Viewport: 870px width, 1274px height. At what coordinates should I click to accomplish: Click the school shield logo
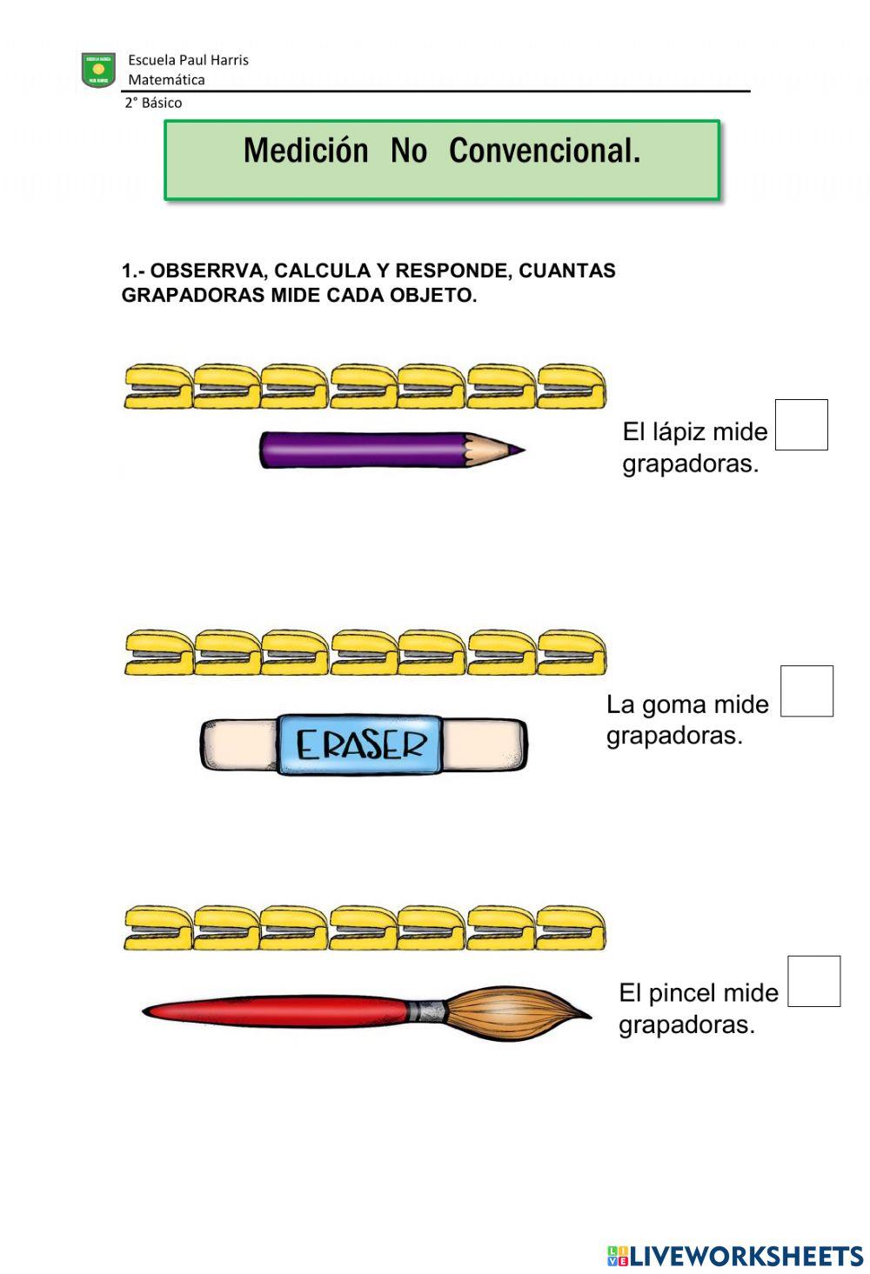coord(98,70)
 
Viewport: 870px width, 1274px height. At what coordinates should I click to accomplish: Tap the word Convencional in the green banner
coord(545,151)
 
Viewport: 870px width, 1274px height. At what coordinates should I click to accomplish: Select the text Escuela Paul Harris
coord(188,60)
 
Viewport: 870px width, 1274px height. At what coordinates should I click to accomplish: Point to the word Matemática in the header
coord(166,80)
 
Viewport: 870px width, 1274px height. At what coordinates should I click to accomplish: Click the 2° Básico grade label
coord(153,103)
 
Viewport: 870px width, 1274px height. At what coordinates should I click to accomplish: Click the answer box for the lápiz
coord(800,424)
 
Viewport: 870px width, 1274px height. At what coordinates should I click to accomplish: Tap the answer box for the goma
coord(806,690)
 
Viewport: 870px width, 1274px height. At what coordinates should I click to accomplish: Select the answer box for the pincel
coord(813,981)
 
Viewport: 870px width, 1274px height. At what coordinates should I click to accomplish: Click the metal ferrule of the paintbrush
coord(428,1011)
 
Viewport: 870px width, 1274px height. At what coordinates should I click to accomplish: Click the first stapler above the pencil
coord(157,386)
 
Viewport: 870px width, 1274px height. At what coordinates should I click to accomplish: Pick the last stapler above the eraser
coord(571,652)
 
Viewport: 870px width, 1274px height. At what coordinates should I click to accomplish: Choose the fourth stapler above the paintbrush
coord(364,928)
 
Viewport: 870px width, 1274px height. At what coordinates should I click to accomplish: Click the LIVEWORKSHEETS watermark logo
coord(735,1255)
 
